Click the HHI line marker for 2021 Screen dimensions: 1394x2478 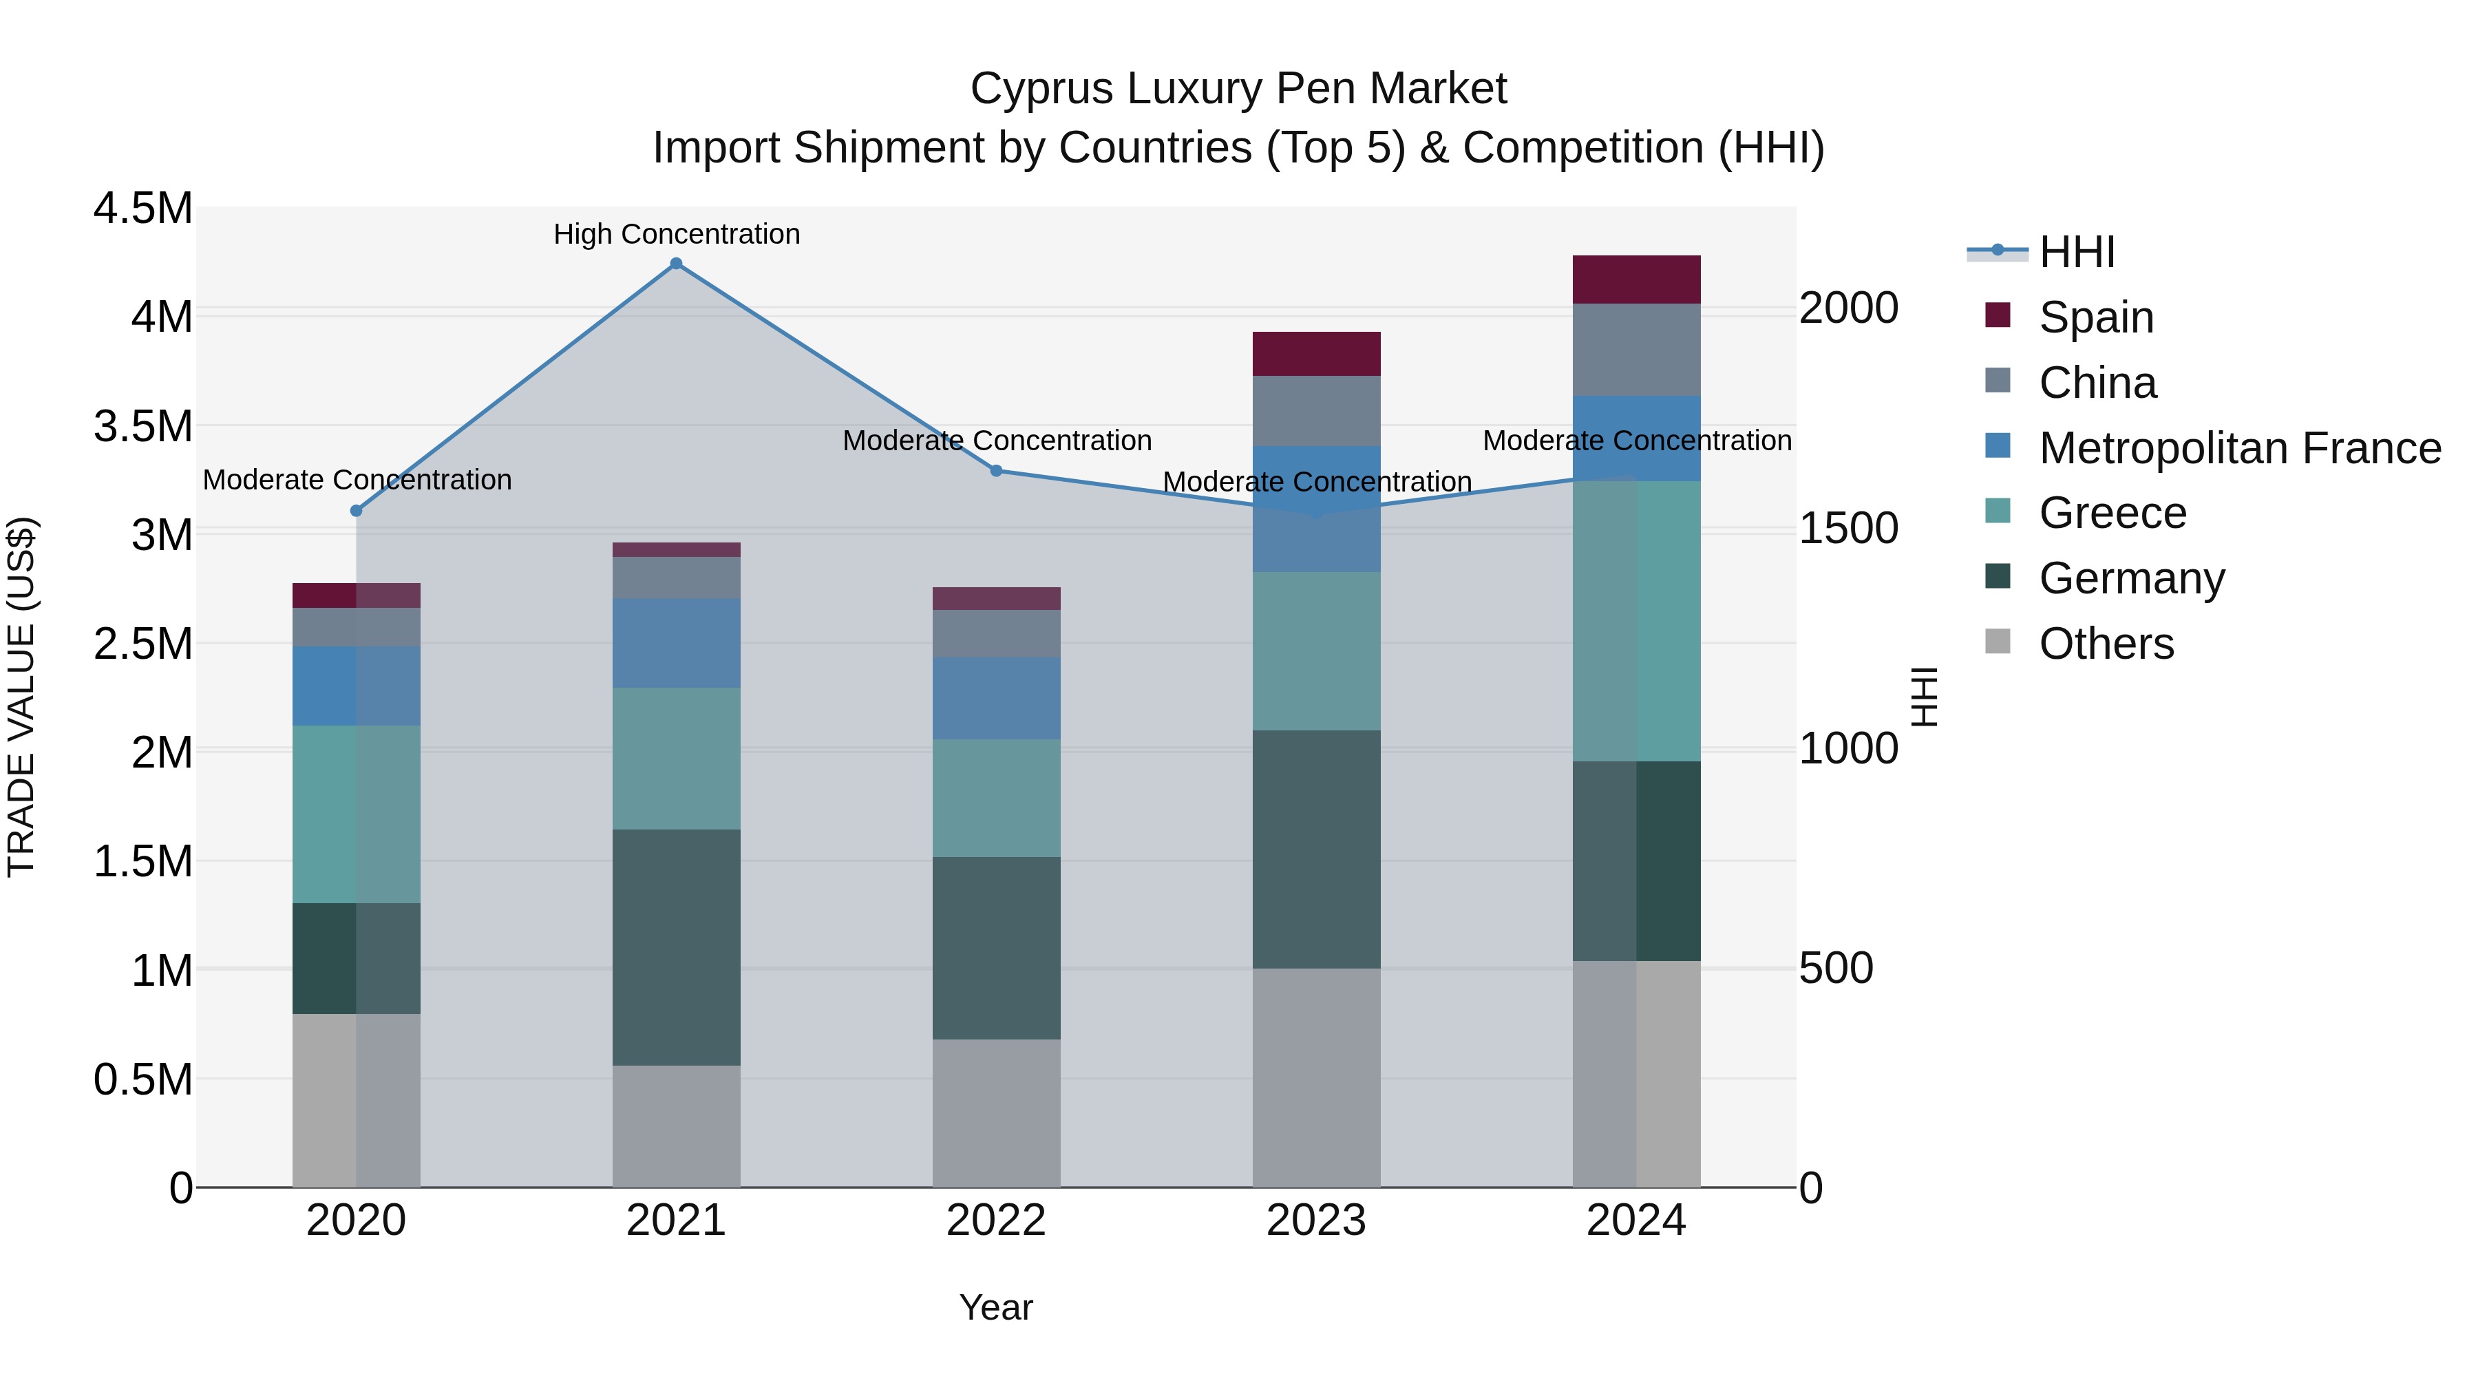pos(676,264)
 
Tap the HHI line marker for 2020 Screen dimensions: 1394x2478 pos(356,511)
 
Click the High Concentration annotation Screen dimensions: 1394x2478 pos(676,234)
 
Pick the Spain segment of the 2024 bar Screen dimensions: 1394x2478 pos(1636,280)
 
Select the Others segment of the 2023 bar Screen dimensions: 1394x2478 pos(1316,1077)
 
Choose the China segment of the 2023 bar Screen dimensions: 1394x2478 pos(1316,411)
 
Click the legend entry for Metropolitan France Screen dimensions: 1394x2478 pos(2239,448)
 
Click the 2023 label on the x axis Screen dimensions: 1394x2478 pos(1316,1221)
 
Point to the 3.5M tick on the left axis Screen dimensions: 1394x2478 pos(143,426)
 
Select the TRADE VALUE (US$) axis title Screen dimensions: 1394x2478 pos(22,697)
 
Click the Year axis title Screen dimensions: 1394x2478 pos(995,1307)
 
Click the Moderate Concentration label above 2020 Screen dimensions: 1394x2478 pos(357,479)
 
